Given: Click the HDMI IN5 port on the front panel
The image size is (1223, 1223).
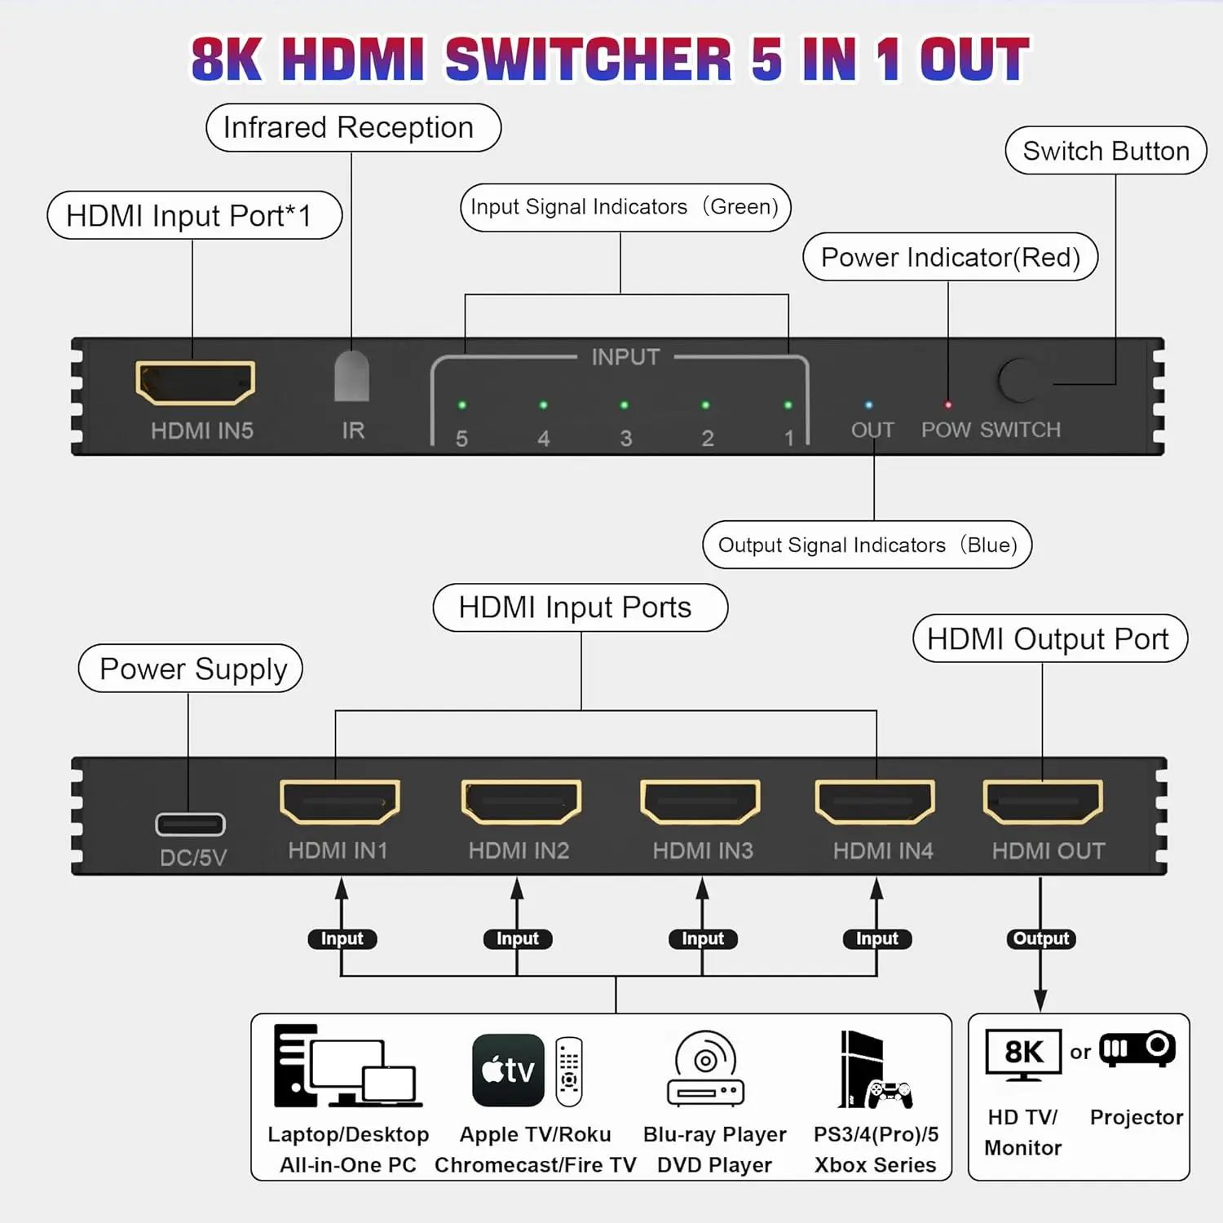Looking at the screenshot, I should coord(195,382).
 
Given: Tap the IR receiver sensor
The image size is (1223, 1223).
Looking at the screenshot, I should coord(351,376).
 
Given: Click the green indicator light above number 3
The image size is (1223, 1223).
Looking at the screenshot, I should coord(624,405).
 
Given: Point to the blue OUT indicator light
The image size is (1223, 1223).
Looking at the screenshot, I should coord(868,405).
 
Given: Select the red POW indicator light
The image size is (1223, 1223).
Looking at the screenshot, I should coord(947,405).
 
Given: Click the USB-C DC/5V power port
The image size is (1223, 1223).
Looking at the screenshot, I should coord(190,824).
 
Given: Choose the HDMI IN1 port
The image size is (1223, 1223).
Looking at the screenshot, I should coord(339,802).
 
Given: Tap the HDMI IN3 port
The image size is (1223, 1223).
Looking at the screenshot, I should coord(700,802).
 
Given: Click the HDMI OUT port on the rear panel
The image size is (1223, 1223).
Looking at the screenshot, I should coord(1043,802).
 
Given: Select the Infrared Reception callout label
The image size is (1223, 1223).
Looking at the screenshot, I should coord(353,128).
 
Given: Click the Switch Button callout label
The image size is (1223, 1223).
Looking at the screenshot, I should coord(1106,151).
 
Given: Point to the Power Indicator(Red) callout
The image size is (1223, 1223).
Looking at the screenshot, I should coord(950,258).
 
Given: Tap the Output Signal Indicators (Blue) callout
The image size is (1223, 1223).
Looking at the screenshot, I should coord(867,545).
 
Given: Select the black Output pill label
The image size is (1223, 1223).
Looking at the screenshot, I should coord(1041,938).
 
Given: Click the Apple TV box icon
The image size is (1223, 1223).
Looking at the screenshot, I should coord(508,1070).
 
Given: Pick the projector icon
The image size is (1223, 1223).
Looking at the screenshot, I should coord(1137,1049).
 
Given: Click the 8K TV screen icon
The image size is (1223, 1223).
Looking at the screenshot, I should coord(1023,1053).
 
